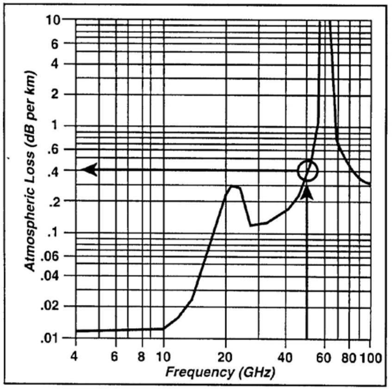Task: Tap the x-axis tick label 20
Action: click(x=225, y=357)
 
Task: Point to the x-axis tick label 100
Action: click(x=370, y=357)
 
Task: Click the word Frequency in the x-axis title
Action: click(x=192, y=372)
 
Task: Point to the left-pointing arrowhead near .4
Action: click(x=89, y=170)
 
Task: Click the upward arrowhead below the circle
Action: click(x=306, y=191)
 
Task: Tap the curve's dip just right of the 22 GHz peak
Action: click(x=251, y=225)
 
